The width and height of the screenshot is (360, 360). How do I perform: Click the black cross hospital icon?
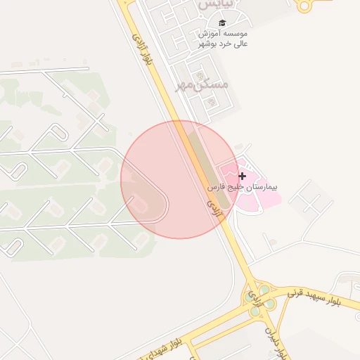(243, 176)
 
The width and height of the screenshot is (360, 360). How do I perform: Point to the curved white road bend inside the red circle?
(165, 204)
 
